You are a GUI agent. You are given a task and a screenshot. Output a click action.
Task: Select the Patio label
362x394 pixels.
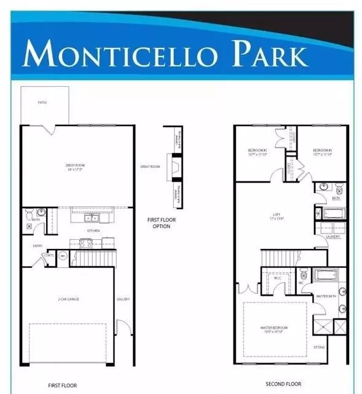click(42, 102)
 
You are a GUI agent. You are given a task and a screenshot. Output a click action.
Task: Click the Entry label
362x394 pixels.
click(37, 246)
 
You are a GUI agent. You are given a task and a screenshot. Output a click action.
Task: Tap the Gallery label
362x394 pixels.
click(123, 299)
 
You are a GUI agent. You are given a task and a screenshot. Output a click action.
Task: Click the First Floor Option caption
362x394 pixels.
click(158, 223)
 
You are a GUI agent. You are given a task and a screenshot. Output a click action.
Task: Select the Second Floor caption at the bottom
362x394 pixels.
click(283, 384)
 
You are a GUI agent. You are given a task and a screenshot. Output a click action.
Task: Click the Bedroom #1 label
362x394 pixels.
click(322, 152)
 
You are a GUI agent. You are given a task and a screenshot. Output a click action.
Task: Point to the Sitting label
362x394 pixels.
click(319, 347)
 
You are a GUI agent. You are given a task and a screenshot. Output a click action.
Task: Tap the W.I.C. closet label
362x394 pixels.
click(277, 278)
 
